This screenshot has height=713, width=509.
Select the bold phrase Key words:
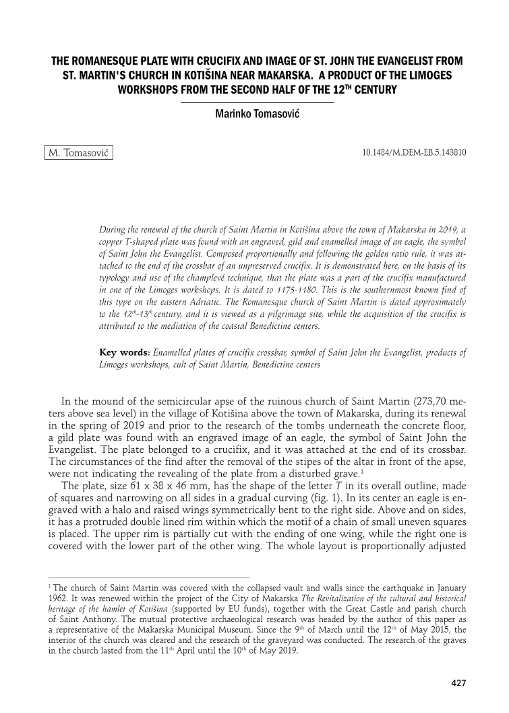[x=124, y=352]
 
